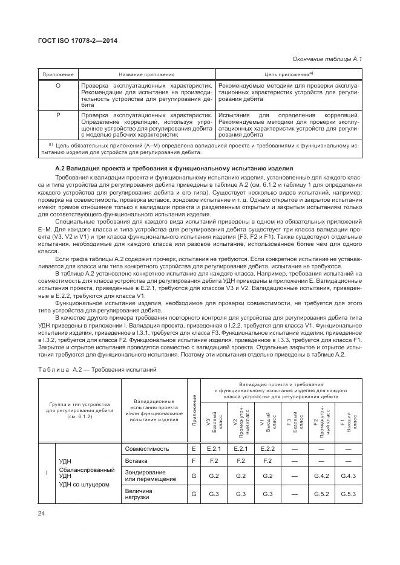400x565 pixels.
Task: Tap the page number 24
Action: point(42,514)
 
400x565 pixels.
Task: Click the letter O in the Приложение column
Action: point(58,86)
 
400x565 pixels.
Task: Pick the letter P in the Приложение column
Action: point(58,114)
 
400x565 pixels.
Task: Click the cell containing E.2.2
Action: point(267,449)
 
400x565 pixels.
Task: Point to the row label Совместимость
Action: point(148,449)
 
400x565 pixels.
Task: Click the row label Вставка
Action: point(137,461)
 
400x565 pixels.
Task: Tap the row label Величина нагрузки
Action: point(139,494)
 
